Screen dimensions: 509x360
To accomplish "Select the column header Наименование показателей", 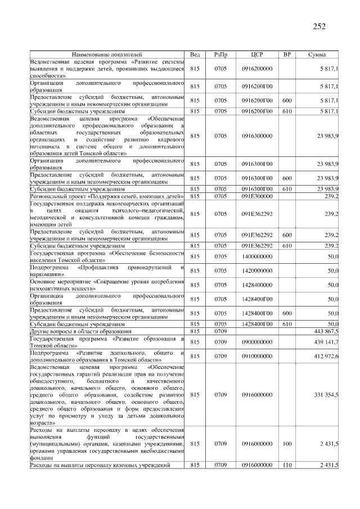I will tap(107, 55).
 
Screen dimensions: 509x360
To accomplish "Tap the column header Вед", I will tap(195, 55).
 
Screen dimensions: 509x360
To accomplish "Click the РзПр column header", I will tap(220, 55).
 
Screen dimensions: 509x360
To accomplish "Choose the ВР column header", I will tap(287, 55).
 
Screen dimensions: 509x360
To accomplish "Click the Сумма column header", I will tap(317, 55).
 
